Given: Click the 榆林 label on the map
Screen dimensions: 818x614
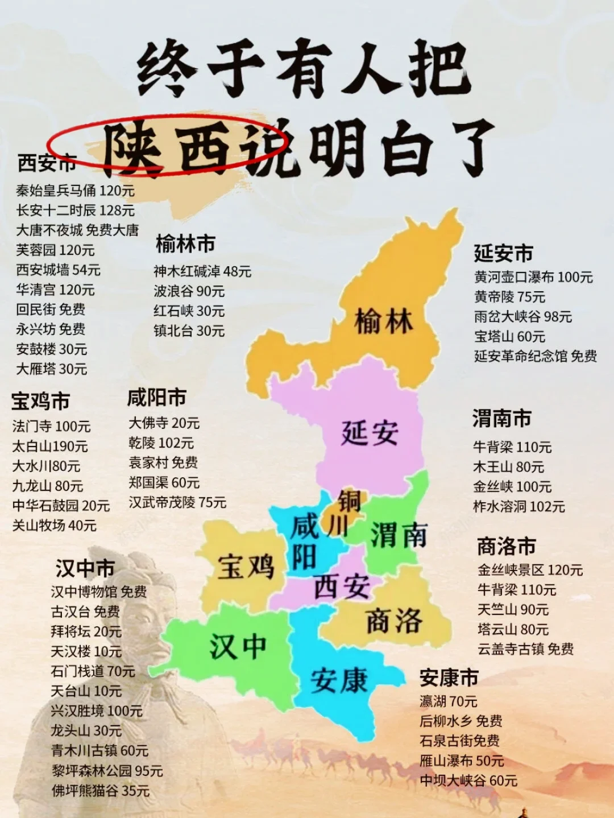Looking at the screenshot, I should tap(383, 321).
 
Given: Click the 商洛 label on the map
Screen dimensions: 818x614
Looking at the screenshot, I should tap(393, 621).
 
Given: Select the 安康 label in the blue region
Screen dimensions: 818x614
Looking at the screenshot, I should tap(339, 680).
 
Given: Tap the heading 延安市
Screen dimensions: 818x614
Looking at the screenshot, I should tap(503, 253).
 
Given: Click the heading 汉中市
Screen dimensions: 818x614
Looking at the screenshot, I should tap(85, 568).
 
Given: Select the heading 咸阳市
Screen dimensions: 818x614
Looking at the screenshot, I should tap(156, 397).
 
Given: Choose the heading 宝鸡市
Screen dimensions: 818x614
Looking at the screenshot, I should tap(40, 401).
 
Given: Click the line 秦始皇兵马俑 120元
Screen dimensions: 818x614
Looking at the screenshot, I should tap(75, 191).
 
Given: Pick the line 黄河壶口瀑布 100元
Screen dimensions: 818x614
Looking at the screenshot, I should tap(533, 277).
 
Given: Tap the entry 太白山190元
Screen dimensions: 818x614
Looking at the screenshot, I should tap(50, 447).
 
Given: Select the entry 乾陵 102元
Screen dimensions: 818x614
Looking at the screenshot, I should tap(161, 443).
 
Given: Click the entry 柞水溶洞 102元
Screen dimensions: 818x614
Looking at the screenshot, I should tap(518, 506).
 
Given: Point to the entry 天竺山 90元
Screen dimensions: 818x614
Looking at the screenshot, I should tap(513, 610).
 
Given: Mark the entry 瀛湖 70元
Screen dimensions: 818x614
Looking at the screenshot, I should tap(448, 701).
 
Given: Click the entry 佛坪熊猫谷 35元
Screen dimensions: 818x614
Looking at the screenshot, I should tap(100, 790).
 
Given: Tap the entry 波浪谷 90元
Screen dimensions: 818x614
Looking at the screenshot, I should tap(189, 291).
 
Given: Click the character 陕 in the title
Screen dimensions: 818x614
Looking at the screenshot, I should tap(132, 149).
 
